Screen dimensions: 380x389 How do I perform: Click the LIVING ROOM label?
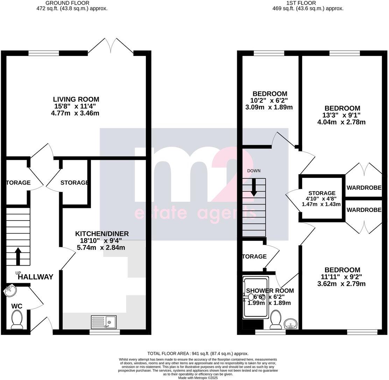click(76, 99)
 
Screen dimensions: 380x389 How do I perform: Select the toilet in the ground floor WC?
click(17, 320)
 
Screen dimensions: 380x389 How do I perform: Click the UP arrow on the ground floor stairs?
click(17, 257)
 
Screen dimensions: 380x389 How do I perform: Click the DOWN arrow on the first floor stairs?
click(254, 187)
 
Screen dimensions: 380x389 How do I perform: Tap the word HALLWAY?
click(36, 277)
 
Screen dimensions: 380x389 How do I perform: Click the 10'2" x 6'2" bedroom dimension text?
click(270, 101)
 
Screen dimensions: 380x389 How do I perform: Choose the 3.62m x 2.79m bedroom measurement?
click(341, 284)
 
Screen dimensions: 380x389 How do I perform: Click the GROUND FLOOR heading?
click(72, 3)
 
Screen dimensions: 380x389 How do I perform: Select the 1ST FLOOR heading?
click(308, 3)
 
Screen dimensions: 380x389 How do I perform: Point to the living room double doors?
click(111, 45)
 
